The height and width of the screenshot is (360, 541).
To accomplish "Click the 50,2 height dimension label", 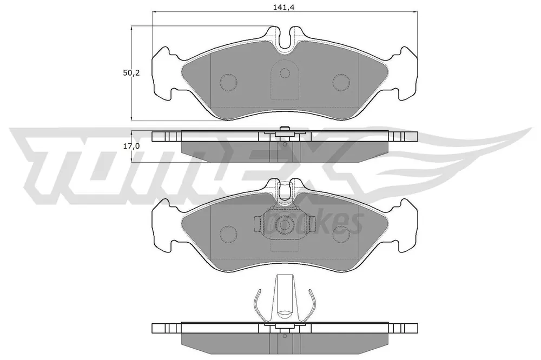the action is click(131, 73).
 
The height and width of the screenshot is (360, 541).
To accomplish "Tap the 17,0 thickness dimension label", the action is click(131, 146).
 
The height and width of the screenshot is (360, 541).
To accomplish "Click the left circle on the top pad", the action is click(228, 82).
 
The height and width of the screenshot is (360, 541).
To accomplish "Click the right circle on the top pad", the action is click(341, 82).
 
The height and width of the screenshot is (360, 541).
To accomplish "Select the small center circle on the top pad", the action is click(285, 73).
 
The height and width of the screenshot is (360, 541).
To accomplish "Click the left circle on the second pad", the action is click(228, 234).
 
